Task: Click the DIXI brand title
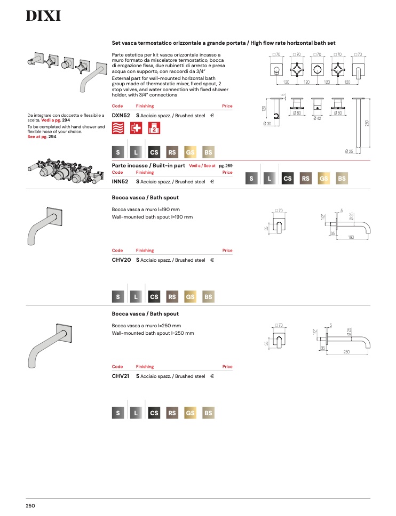pyautogui.click(x=43, y=16)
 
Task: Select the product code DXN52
pyautogui.click(x=121, y=116)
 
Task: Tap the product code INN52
pyautogui.click(x=120, y=182)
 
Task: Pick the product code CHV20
pyautogui.click(x=121, y=260)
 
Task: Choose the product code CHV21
pyautogui.click(x=121, y=376)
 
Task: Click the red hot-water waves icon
pyautogui.click(x=118, y=128)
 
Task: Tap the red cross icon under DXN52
pyautogui.click(x=136, y=128)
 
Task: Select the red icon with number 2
pyautogui.click(x=154, y=128)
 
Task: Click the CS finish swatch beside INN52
pyautogui.click(x=288, y=179)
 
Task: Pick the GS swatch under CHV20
pyautogui.click(x=190, y=296)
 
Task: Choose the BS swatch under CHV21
pyautogui.click(x=208, y=413)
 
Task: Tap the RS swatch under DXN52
pyautogui.click(x=172, y=152)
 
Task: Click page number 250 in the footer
pyautogui.click(x=30, y=506)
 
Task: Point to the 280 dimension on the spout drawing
pyautogui.click(x=367, y=124)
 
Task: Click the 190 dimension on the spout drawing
pyautogui.click(x=351, y=237)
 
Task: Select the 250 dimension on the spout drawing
pyautogui.click(x=346, y=352)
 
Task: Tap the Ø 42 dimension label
pyautogui.click(x=317, y=118)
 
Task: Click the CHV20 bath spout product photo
pyautogui.click(x=45, y=226)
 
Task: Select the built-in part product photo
pyautogui.click(x=66, y=171)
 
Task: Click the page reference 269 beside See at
pyautogui.click(x=229, y=166)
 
